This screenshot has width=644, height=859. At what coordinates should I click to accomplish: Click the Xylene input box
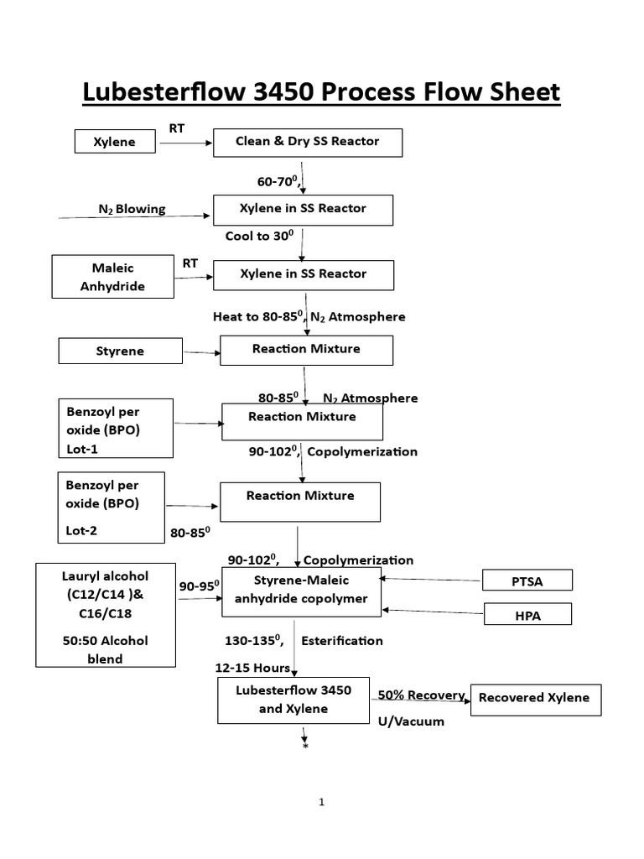[116, 143]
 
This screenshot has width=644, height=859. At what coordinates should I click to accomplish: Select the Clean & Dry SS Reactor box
[308, 142]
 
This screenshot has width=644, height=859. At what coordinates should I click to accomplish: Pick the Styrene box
[120, 351]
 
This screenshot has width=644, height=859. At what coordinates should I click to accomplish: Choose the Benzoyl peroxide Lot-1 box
[116, 428]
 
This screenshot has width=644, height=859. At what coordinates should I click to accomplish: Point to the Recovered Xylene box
[536, 698]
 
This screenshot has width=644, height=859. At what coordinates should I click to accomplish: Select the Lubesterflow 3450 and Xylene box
[294, 700]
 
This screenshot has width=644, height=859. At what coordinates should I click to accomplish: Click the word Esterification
[342, 641]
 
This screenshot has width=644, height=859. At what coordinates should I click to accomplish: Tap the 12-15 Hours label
[252, 668]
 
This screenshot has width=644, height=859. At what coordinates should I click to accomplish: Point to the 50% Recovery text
[421, 695]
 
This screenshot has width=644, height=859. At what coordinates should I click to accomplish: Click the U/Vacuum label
[410, 721]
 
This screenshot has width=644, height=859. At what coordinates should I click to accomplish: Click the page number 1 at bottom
[321, 803]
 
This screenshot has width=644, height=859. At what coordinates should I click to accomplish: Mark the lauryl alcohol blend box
[106, 614]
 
